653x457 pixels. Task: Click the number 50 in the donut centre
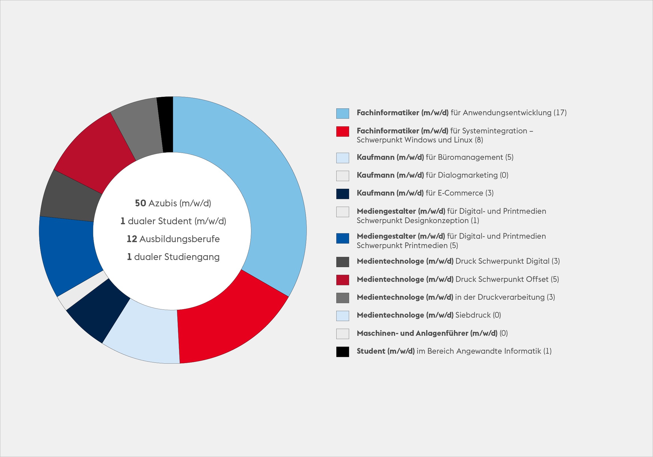pyautogui.click(x=140, y=203)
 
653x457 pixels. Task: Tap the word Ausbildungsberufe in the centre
pyautogui.click(x=179, y=239)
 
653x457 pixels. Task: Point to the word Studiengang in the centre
pyautogui.click(x=191, y=257)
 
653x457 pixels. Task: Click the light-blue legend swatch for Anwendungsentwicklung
pyautogui.click(x=343, y=113)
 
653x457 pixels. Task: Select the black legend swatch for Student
pyautogui.click(x=343, y=352)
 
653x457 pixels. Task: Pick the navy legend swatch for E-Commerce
pyautogui.click(x=343, y=194)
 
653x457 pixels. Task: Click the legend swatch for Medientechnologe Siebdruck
pyautogui.click(x=343, y=316)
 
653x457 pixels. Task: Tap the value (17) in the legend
pyautogui.click(x=560, y=113)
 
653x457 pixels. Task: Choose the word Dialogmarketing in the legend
pyautogui.click(x=468, y=175)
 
